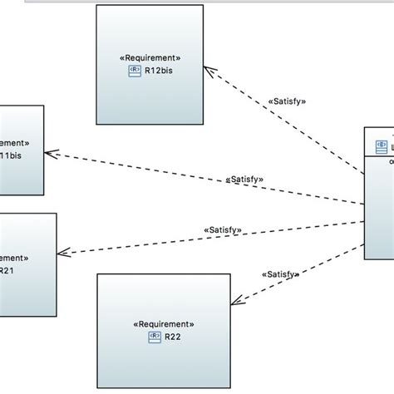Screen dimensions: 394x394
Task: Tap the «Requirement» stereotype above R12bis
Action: (x=150, y=58)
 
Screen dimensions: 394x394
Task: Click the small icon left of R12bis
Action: (x=133, y=70)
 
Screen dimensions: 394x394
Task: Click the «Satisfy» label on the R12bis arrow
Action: (x=288, y=101)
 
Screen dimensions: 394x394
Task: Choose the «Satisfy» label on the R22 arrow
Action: (x=281, y=274)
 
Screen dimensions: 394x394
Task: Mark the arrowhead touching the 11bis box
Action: (x=50, y=154)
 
